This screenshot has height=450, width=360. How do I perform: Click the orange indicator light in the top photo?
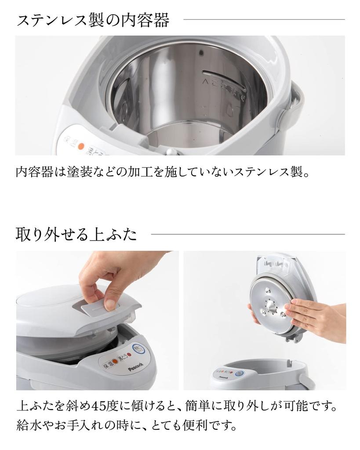81,146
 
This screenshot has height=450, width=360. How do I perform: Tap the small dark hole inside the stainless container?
202,53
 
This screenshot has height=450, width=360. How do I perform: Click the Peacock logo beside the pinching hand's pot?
136,367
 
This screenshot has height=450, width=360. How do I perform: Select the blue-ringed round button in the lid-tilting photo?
139,349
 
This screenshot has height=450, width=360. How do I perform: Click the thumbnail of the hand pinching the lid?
97,320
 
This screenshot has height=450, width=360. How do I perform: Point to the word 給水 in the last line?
29,425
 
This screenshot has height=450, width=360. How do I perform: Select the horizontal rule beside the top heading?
264,19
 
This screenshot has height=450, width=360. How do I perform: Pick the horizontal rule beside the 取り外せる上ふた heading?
248,234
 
